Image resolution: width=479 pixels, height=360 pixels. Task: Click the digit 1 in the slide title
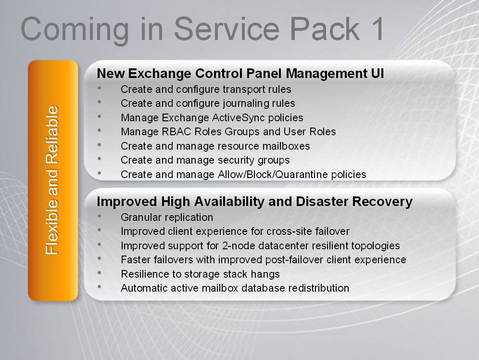pyautogui.click(x=377, y=29)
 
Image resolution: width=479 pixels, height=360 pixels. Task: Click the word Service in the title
pyautogui.click(x=227, y=29)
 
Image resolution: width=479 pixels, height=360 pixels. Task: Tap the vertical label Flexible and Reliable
pyautogui.click(x=52, y=180)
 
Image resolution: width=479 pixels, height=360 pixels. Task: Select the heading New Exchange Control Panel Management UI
pyautogui.click(x=240, y=73)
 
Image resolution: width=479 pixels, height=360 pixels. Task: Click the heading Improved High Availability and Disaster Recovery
pyautogui.click(x=255, y=202)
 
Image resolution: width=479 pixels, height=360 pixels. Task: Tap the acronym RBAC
pyautogui.click(x=176, y=132)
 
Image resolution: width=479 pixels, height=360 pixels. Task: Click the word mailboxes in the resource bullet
pyautogui.click(x=286, y=146)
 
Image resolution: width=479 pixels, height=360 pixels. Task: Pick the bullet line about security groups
pyautogui.click(x=205, y=160)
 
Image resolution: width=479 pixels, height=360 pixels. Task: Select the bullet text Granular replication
pyautogui.click(x=167, y=217)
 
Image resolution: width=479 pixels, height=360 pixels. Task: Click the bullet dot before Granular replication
pyautogui.click(x=99, y=216)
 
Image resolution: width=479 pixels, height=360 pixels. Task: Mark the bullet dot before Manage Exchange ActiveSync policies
pyautogui.click(x=99, y=116)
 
